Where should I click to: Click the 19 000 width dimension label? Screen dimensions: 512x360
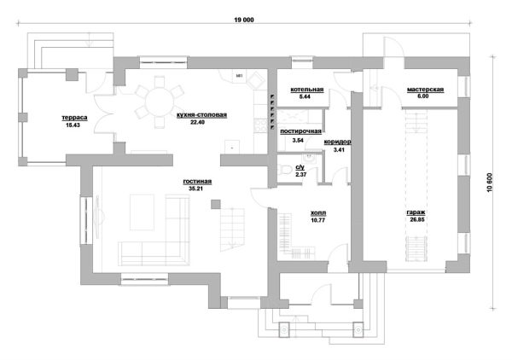pyautogui.click(x=243, y=20)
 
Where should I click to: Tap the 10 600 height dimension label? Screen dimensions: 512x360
pyautogui.click(x=490, y=183)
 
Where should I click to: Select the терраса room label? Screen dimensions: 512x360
pyautogui.click(x=74, y=118)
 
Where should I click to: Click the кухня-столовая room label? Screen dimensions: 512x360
pyautogui.click(x=201, y=115)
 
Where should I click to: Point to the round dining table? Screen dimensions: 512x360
pyautogui.click(x=160, y=102)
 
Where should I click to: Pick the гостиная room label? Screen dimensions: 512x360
pyautogui.click(x=197, y=182)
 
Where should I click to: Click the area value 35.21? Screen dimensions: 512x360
pyautogui.click(x=195, y=189)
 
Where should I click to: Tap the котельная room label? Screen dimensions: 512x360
pyautogui.click(x=307, y=90)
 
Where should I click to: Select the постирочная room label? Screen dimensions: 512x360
pyautogui.click(x=300, y=131)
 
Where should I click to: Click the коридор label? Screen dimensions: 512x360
pyautogui.click(x=337, y=142)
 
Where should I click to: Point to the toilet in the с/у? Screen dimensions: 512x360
pyautogui.click(x=285, y=170)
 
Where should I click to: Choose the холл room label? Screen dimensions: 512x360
pyautogui.click(x=318, y=213)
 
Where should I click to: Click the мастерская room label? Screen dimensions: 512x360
pyautogui.click(x=425, y=90)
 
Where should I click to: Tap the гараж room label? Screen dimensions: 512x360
pyautogui.click(x=416, y=212)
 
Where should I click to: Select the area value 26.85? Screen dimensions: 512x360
pyautogui.click(x=417, y=219)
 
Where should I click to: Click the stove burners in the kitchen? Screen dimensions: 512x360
pyautogui.click(x=261, y=125)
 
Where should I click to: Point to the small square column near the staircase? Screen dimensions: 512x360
pyautogui.click(x=216, y=205)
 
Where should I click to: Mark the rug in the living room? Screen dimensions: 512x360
pyautogui.click(x=142, y=212)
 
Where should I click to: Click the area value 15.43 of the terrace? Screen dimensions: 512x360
pyautogui.click(x=73, y=125)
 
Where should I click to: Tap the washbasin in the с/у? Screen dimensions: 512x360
pyautogui.click(x=309, y=159)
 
